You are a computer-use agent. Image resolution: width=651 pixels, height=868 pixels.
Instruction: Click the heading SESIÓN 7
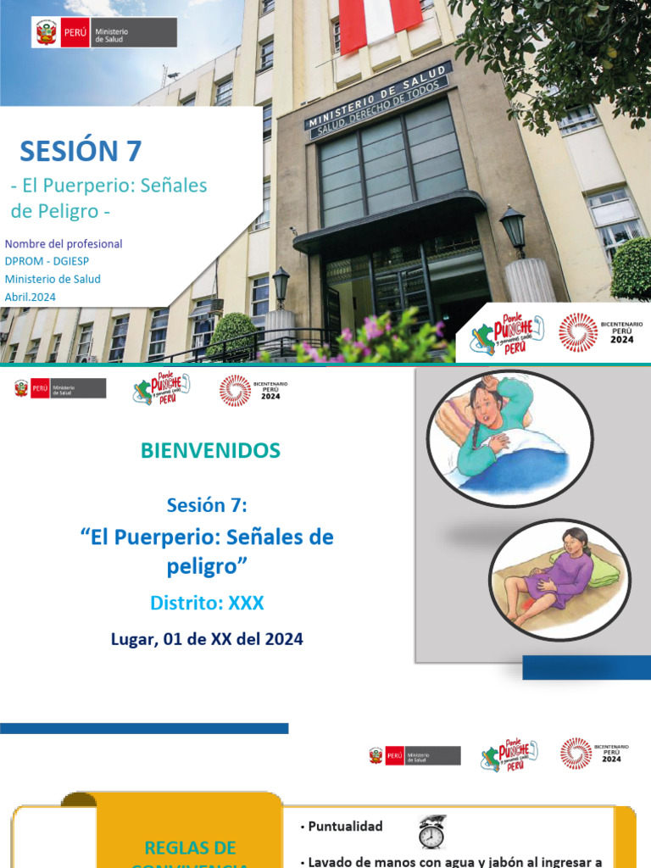point(81,151)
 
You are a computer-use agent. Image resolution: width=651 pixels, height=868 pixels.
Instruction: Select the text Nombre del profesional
point(64,243)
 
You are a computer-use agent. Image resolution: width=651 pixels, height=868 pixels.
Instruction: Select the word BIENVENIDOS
point(211,451)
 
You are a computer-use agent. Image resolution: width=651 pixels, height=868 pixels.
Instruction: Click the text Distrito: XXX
point(207,603)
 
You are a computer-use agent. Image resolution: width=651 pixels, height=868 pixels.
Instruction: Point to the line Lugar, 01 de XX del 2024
point(207,639)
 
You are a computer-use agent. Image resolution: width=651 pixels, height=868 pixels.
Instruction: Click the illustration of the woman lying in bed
point(509,437)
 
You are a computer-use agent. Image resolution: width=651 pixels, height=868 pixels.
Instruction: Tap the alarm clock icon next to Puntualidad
point(431,832)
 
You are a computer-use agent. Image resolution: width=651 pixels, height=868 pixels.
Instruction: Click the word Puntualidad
point(345,826)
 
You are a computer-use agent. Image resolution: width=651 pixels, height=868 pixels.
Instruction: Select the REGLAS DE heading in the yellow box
point(190,848)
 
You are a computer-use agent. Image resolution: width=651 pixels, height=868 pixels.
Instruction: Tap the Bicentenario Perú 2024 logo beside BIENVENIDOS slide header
point(253,390)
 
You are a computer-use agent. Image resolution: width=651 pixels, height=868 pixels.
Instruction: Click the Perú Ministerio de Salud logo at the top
point(104,33)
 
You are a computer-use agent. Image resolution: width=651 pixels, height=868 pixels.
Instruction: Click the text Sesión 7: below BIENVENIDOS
point(207,505)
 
